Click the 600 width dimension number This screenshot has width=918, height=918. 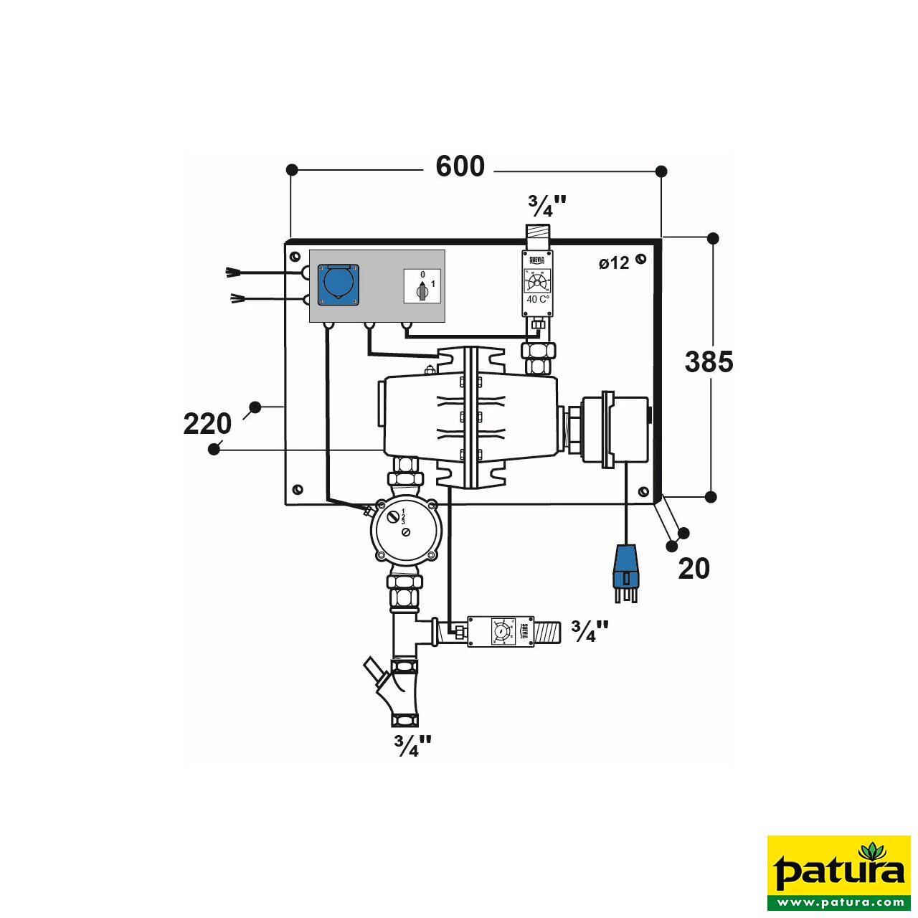[460, 166]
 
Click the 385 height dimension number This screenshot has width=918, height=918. [709, 361]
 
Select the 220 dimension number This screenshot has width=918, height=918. [207, 424]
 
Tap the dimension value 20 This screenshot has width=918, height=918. [694, 569]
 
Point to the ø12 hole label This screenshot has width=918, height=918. [614, 263]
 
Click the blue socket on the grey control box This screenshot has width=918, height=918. [339, 284]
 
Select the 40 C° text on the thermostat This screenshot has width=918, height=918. [538, 299]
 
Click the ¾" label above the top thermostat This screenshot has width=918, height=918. [546, 206]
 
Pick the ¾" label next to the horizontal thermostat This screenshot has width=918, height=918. [590, 631]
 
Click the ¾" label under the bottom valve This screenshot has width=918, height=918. [412, 746]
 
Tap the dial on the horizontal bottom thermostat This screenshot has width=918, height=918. [501, 631]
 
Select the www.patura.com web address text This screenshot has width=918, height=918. [838, 902]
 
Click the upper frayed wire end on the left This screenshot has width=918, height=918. [232, 272]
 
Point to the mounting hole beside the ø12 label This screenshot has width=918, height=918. [640, 260]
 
